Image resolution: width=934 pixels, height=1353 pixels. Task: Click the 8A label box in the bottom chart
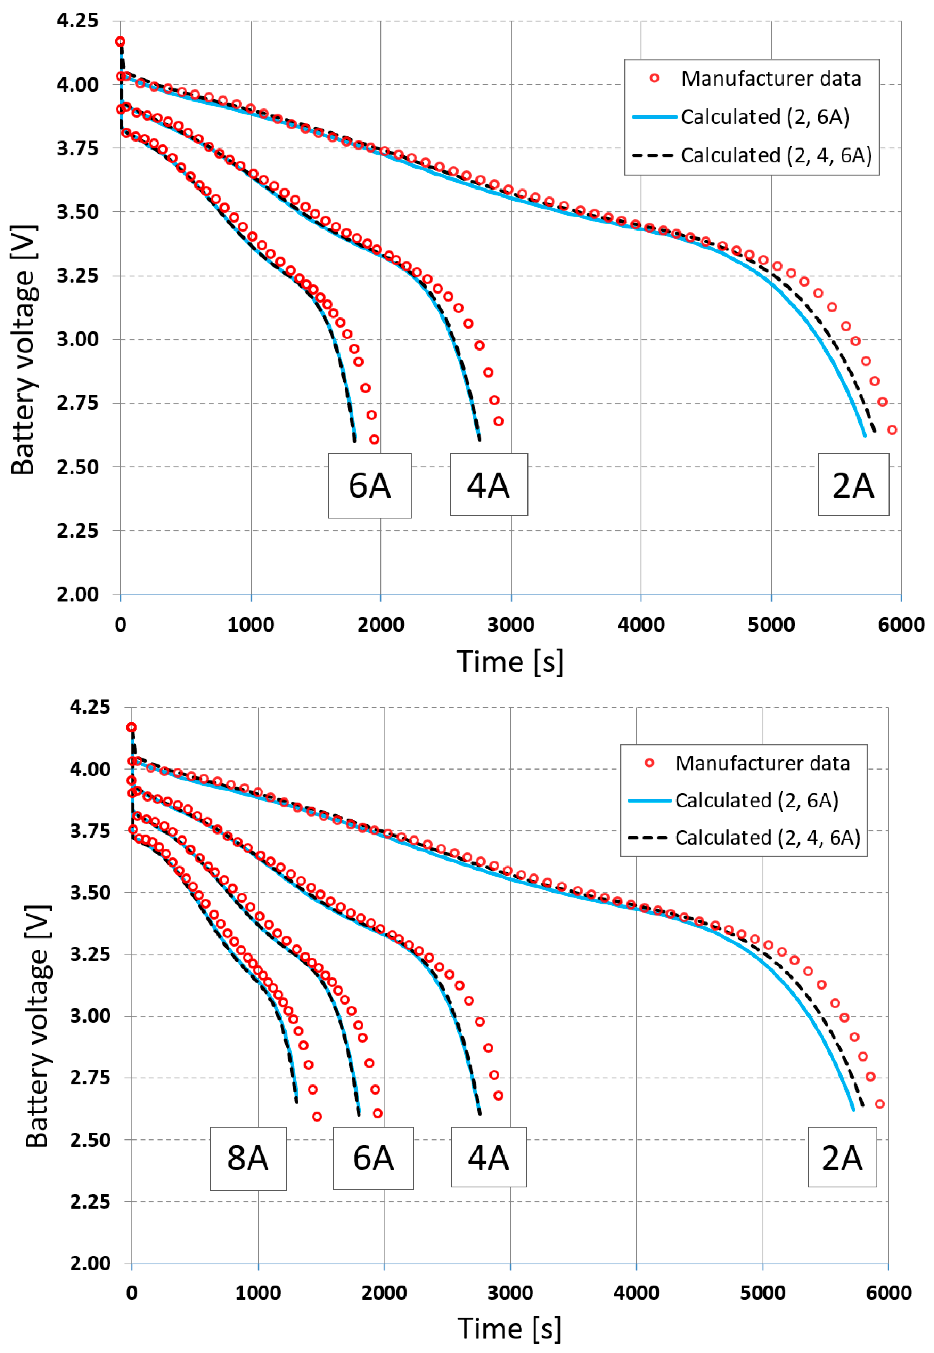248,1158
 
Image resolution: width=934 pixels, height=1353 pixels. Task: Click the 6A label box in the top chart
369,485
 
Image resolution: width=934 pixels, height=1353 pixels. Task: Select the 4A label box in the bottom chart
489,1157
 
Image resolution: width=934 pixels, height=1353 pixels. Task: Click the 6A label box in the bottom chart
374,1158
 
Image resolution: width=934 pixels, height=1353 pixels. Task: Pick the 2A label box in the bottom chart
842,1157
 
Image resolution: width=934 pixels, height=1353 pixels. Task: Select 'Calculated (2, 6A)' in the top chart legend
765,117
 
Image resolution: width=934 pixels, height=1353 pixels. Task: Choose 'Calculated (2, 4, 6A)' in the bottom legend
767,838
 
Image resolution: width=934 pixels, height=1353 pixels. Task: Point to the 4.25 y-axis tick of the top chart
77,21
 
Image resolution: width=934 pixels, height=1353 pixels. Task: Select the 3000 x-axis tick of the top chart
511,625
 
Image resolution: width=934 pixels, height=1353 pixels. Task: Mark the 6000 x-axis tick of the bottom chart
888,1293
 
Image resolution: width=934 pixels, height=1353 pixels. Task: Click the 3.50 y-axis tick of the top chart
77,212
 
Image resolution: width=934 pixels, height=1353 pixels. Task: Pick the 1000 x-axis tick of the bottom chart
258,1293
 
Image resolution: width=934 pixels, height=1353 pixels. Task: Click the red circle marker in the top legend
655,79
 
